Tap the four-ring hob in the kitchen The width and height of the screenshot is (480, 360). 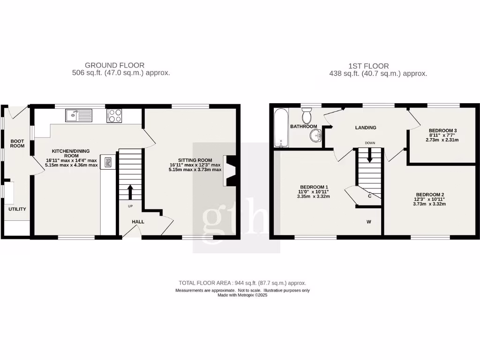tap(114, 115)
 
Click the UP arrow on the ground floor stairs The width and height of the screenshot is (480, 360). tap(130, 192)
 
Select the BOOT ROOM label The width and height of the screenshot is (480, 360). tap(17, 142)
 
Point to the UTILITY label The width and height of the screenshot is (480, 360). tap(17, 209)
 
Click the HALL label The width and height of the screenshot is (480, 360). tap(138, 222)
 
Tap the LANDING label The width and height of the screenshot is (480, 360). tap(366, 127)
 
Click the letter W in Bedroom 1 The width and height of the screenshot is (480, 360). tap(369, 222)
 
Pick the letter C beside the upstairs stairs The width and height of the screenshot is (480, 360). tap(370, 196)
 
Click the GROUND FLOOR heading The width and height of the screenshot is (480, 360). tap(114, 65)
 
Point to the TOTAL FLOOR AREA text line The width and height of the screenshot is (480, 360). tap(242, 283)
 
